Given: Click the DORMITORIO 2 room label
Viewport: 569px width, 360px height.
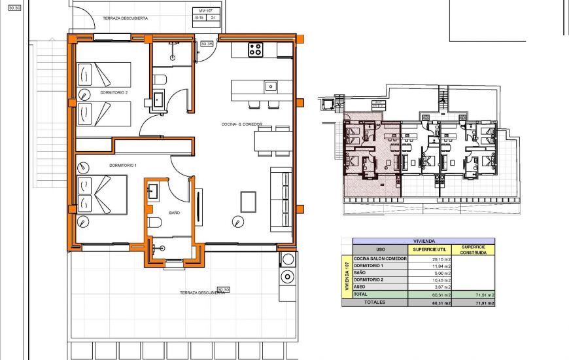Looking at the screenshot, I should pyautogui.click(x=114, y=93).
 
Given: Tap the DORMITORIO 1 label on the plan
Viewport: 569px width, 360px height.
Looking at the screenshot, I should pyautogui.click(x=122, y=166).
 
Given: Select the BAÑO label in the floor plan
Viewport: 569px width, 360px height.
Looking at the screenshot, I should pyautogui.click(x=174, y=213).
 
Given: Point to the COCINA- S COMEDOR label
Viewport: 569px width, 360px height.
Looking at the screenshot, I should pyautogui.click(x=242, y=123).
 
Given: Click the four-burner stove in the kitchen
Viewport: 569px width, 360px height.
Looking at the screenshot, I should pyautogui.click(x=256, y=49).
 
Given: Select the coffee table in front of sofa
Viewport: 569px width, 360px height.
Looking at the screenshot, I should pyautogui.click(x=249, y=201).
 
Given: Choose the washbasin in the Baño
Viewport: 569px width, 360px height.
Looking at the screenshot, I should pyautogui.click(x=153, y=192).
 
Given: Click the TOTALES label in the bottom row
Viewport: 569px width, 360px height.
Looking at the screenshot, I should pyautogui.click(x=375, y=302).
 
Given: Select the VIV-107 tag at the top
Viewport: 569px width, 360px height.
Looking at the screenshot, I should pyautogui.click(x=204, y=11).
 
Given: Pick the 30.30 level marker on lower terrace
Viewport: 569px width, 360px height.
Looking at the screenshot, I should pyautogui.click(x=224, y=289).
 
